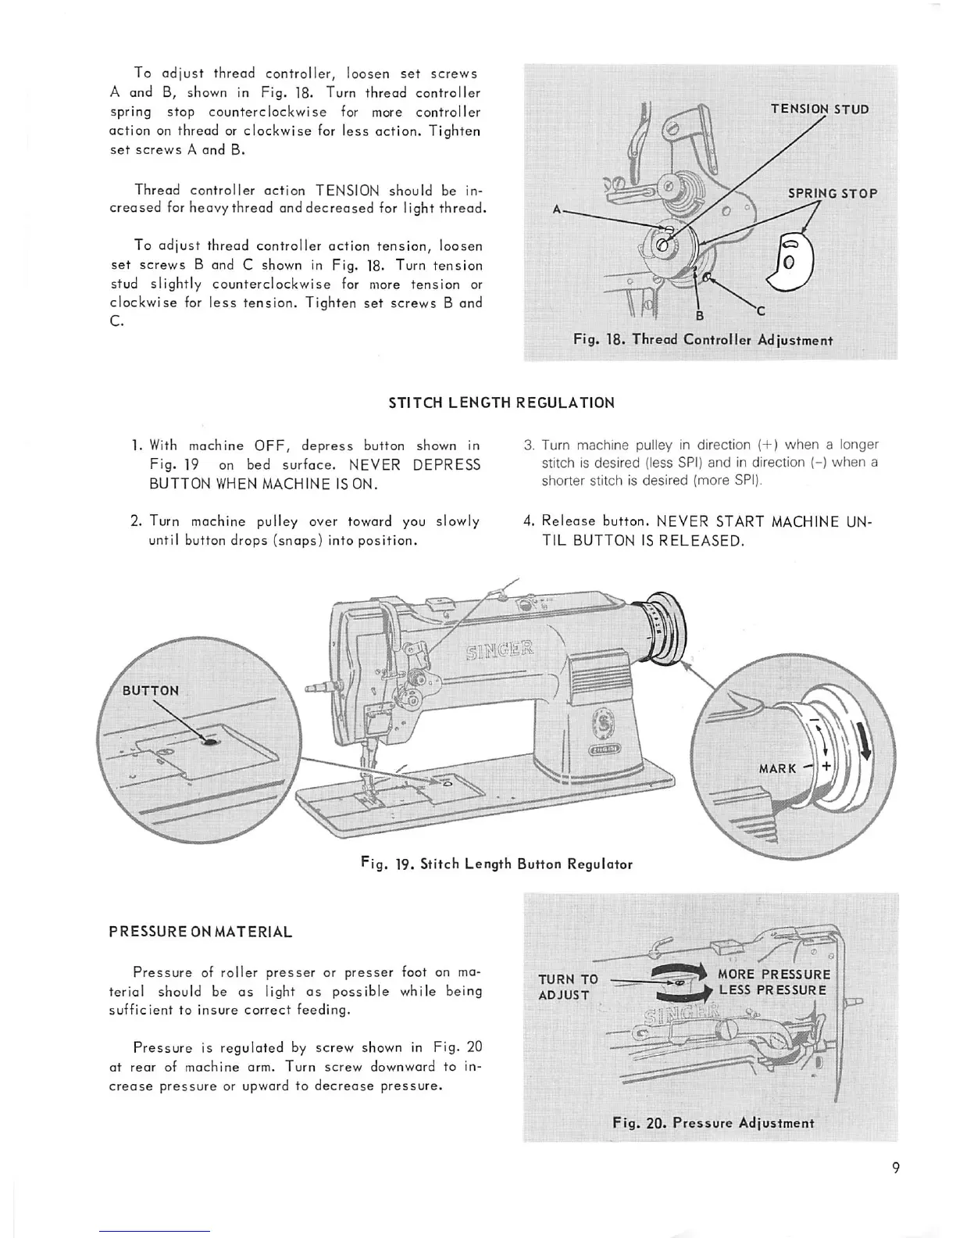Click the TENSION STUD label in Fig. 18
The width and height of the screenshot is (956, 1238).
coord(819,109)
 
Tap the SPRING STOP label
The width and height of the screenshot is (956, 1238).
coord(833,193)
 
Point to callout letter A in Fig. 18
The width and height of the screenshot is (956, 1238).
coord(557,209)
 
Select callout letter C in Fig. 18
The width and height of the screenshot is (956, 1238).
coord(760,310)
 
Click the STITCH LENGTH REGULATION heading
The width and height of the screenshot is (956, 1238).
coord(501,403)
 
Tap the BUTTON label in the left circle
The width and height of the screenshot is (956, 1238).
coord(151,690)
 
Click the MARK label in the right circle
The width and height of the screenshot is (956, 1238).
coord(776,768)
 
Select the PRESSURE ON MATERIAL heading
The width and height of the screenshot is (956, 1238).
coord(201,932)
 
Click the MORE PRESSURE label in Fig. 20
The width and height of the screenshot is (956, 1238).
coord(773,974)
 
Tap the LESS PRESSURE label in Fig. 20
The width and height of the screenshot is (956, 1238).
coord(772,991)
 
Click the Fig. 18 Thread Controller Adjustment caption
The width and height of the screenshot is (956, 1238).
coord(702,340)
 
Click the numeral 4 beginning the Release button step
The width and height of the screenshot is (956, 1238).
coord(529,521)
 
